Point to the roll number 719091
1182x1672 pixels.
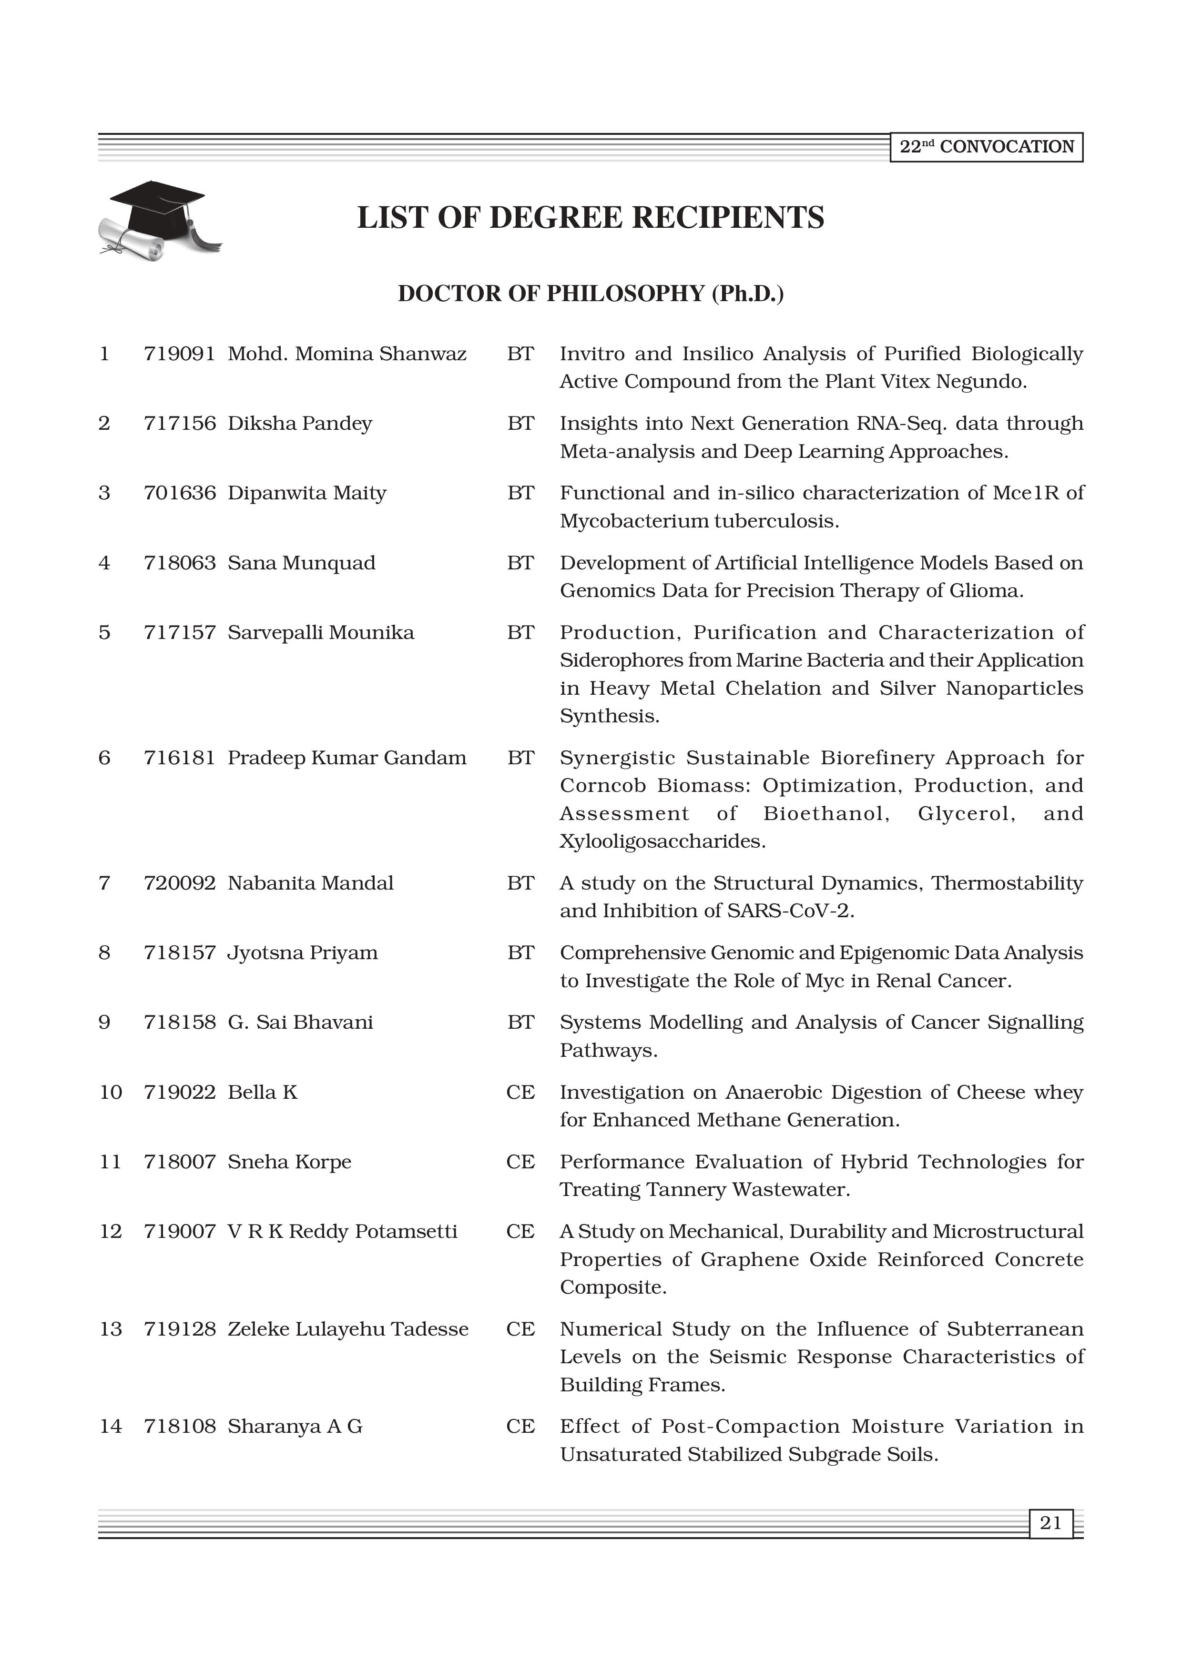[x=179, y=354]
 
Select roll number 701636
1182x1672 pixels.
[x=179, y=493]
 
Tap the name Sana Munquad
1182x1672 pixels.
[x=302, y=563]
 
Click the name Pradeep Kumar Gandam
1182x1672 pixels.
[x=346, y=758]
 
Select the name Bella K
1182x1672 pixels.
[x=262, y=1092]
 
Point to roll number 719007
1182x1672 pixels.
[x=179, y=1231]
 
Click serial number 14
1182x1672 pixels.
[x=111, y=1427]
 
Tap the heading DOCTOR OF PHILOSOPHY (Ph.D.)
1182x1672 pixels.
[x=591, y=294]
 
